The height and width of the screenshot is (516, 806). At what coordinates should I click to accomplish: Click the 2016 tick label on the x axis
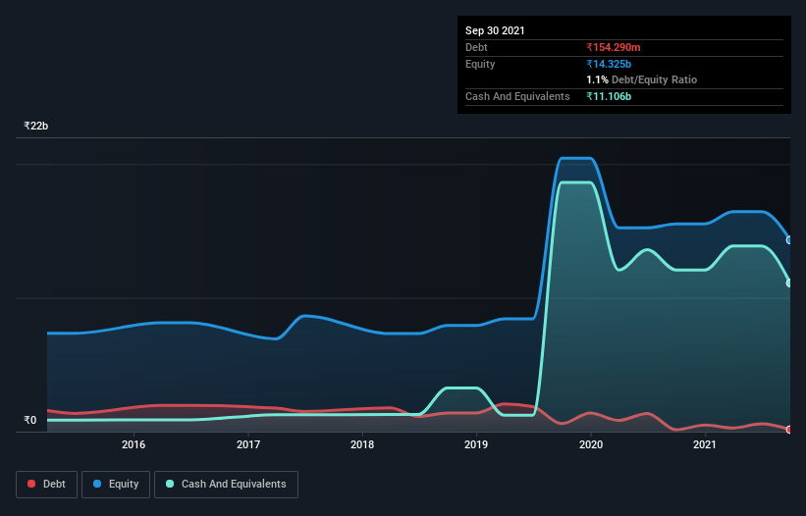pyautogui.click(x=134, y=445)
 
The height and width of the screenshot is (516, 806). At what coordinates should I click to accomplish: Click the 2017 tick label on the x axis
pyautogui.click(x=248, y=445)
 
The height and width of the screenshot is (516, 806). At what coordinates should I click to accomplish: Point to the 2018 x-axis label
pyautogui.click(x=362, y=445)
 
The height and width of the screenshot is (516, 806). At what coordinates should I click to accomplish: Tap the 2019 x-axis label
pyautogui.click(x=476, y=445)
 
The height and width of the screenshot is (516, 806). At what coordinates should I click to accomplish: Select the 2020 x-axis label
pyautogui.click(x=591, y=445)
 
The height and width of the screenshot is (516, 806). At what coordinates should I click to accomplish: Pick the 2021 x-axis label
pyautogui.click(x=704, y=445)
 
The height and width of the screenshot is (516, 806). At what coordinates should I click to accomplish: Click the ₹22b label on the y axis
pyautogui.click(x=36, y=127)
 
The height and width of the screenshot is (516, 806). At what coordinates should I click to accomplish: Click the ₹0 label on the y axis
pyautogui.click(x=29, y=421)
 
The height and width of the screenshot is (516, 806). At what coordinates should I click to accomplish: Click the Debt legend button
pyautogui.click(x=45, y=484)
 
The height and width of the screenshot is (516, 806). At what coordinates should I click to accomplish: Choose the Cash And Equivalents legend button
pyautogui.click(x=226, y=484)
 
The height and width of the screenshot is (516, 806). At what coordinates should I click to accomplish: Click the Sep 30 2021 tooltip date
pyautogui.click(x=495, y=30)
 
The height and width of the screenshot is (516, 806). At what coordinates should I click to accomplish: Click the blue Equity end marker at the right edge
pyautogui.click(x=788, y=239)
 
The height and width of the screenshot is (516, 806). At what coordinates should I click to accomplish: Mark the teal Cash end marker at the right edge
pyautogui.click(x=788, y=284)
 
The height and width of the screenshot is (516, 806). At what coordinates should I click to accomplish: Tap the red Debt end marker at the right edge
pyautogui.click(x=788, y=429)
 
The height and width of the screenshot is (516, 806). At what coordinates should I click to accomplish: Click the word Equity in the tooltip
pyautogui.click(x=480, y=64)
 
